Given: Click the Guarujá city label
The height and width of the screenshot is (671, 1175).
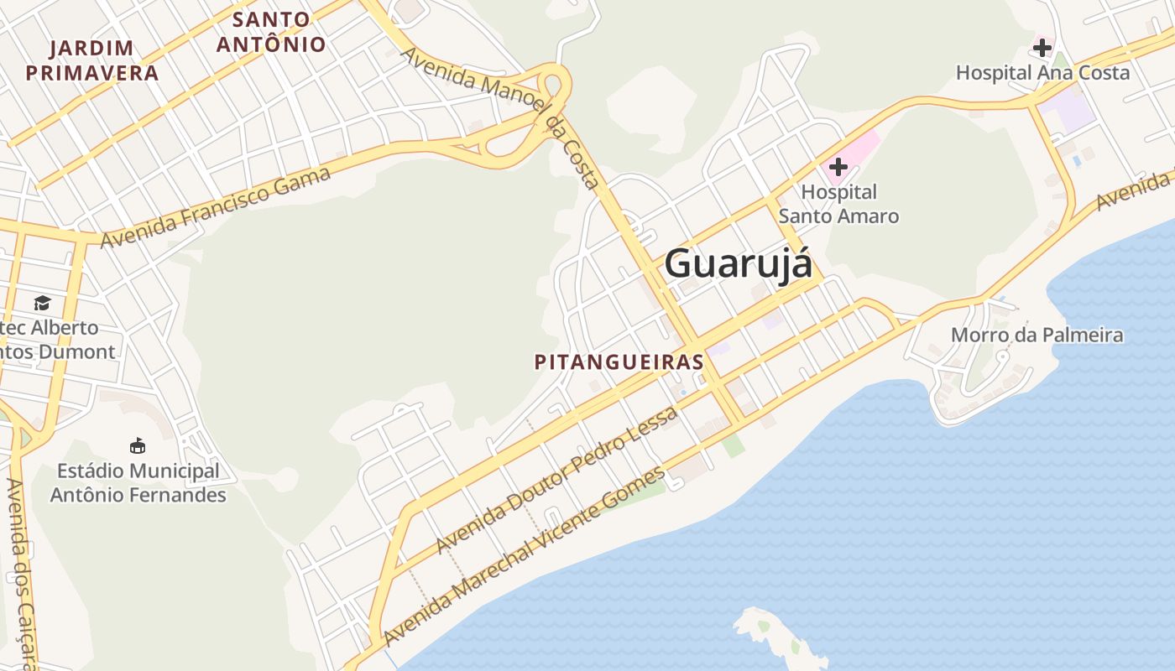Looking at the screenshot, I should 739,264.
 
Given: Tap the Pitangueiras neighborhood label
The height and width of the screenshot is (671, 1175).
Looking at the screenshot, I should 619,362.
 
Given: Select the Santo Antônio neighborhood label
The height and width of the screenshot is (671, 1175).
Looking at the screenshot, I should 271,32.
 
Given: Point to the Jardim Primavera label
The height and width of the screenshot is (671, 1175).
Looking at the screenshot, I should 92,60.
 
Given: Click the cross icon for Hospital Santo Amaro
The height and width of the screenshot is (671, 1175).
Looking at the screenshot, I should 838,167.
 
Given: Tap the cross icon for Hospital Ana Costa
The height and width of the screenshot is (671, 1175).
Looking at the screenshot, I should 1042,48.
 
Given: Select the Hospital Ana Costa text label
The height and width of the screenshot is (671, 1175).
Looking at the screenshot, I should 1042,73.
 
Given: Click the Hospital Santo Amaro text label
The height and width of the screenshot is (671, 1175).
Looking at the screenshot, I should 838,205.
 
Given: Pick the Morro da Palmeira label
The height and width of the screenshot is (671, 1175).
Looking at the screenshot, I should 1037,335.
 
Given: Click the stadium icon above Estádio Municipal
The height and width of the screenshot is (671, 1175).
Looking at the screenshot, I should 138,445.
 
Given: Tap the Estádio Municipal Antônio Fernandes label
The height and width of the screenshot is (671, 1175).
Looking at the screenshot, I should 138,483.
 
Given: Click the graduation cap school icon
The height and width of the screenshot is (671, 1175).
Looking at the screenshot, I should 42,303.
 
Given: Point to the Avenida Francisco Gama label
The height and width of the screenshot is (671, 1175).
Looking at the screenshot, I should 216,207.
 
